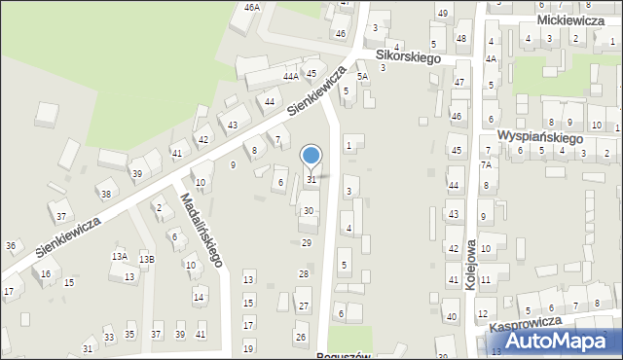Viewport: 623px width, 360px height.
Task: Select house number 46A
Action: click(252, 8)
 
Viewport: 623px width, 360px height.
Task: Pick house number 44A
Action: click(290, 76)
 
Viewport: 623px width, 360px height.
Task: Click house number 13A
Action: click(119, 257)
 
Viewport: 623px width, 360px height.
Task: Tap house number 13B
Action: click(146, 259)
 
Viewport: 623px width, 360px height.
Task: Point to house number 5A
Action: click(362, 76)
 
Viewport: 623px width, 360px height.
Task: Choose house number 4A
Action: click(492, 58)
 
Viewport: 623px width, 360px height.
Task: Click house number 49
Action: click(442, 13)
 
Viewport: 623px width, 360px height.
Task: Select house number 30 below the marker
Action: click(308, 211)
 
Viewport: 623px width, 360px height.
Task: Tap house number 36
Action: click(10, 246)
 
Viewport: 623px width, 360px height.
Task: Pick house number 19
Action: click(248, 348)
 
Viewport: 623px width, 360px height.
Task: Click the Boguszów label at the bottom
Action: click(344, 356)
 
